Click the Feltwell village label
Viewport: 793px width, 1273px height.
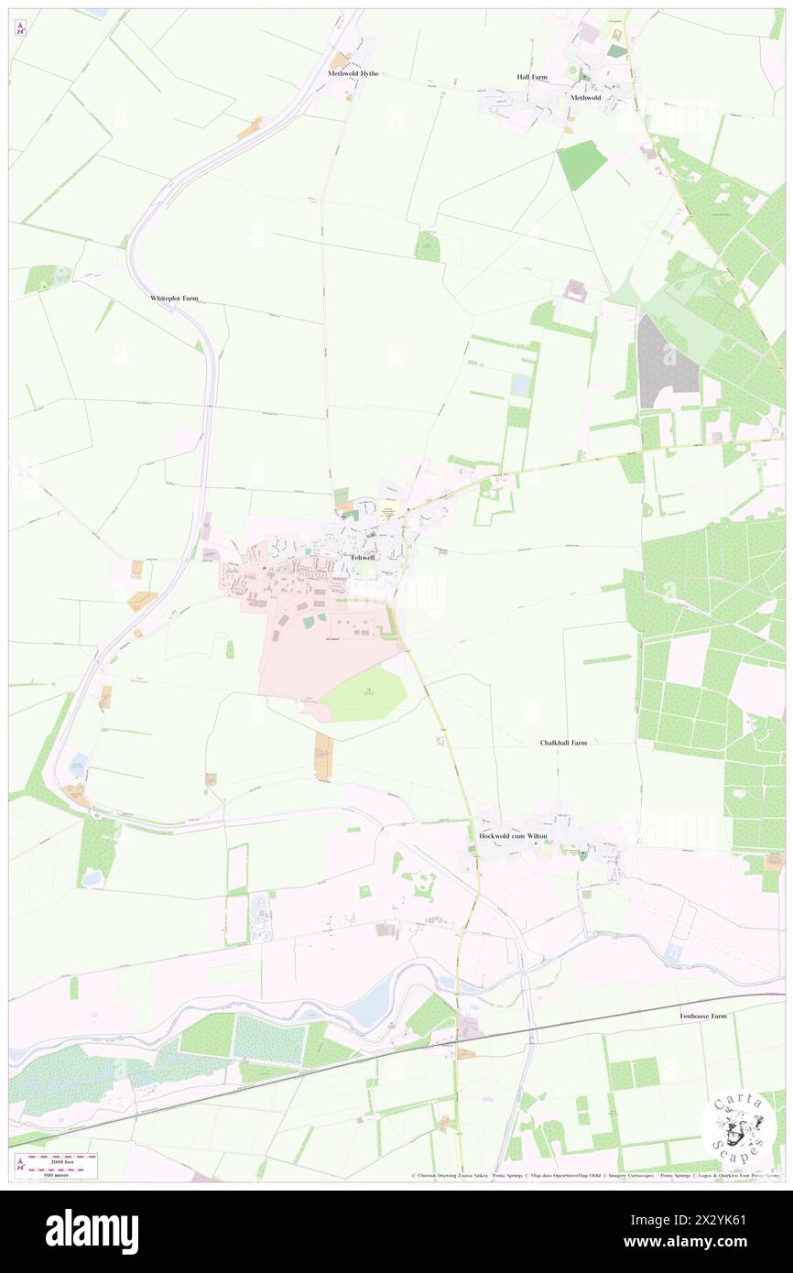point(362,557)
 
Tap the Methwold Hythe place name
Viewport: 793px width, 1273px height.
point(353,73)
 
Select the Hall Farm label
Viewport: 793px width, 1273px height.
point(532,77)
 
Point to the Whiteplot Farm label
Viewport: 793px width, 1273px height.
point(174,299)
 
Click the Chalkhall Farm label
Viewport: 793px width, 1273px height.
point(562,743)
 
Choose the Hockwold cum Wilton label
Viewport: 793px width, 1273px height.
point(512,836)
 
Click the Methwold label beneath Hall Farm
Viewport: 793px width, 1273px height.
point(585,97)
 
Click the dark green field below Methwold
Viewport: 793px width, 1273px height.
point(581,165)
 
